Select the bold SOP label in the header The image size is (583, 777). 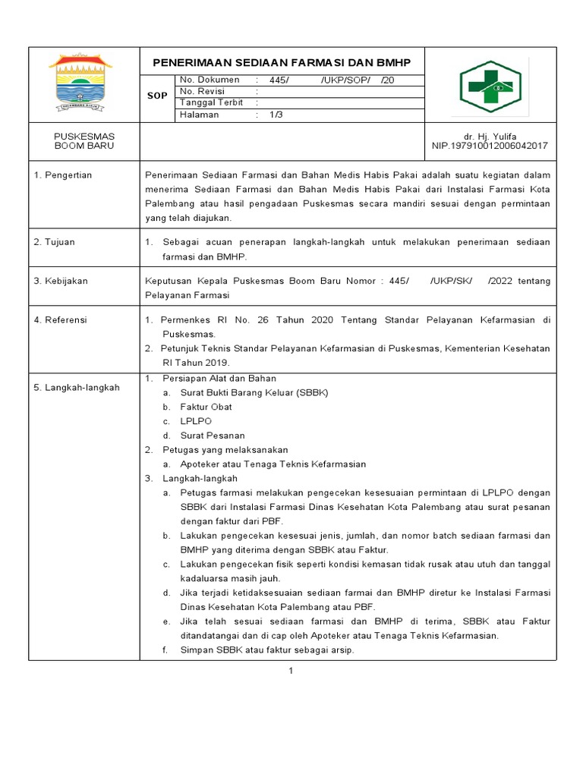pyautogui.click(x=157, y=97)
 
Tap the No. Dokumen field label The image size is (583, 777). pyautogui.click(x=210, y=80)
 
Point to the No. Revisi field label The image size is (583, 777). pyautogui.click(x=204, y=91)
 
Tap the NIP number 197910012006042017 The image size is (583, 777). pyautogui.click(x=490, y=146)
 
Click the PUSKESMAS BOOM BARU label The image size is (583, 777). pyautogui.click(x=84, y=140)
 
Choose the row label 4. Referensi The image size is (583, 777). pyautogui.click(x=61, y=320)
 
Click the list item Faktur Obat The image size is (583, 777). pyautogui.click(x=206, y=407)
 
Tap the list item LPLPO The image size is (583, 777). pyautogui.click(x=196, y=421)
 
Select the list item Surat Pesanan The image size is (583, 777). pyautogui.click(x=213, y=436)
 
